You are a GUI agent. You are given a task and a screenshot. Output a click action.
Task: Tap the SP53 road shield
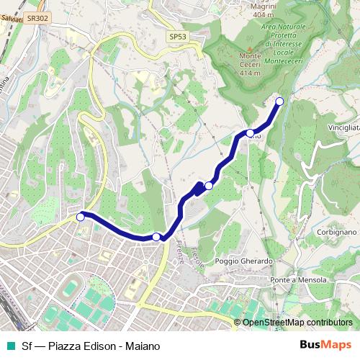tap(177, 36)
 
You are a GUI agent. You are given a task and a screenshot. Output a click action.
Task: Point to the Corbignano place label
tap(336, 233)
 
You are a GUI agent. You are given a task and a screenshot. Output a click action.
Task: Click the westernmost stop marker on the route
tap(81, 215)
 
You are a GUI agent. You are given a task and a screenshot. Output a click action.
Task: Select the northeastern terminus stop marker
tap(280, 101)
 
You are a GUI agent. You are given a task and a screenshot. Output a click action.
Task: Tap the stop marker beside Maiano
tap(250, 132)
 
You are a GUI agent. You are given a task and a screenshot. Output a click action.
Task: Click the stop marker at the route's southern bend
tap(156, 236)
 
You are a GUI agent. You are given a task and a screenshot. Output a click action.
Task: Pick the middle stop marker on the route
tap(209, 186)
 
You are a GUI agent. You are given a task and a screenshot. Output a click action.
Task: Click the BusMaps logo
tap(325, 346)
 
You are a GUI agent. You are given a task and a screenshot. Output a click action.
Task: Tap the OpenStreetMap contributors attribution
tap(297, 323)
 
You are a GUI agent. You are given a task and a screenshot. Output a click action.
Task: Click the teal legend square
tap(9, 346)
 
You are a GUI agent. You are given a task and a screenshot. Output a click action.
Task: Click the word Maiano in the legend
tap(140, 346)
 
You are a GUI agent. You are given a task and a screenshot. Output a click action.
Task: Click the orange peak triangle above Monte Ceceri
tap(249, 48)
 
